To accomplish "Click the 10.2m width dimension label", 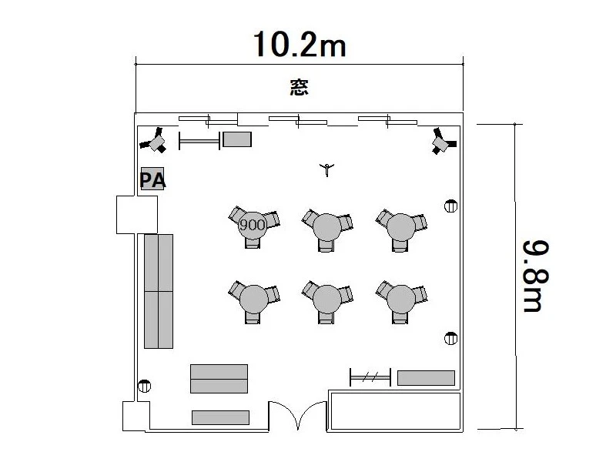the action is [300, 44].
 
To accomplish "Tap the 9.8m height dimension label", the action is [536, 276].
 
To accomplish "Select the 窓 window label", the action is [300, 87].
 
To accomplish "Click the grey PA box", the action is [152, 179].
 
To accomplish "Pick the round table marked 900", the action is [253, 225].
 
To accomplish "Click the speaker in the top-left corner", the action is [154, 141].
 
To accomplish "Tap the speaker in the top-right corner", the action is [444, 141].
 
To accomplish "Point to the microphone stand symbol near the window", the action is [326, 169].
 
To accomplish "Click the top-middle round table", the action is [326, 227].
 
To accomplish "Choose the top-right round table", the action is [400, 227].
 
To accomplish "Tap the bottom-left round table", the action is [254, 299].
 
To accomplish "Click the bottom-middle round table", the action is [326, 299].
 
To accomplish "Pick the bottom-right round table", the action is [400, 299].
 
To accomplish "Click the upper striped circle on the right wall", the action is [450, 206].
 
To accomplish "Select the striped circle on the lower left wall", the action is [145, 387].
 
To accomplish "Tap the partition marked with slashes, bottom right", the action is [370, 377].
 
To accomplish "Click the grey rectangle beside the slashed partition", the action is [427, 378].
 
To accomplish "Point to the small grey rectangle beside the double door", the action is [220, 417].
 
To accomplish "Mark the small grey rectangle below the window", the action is [237, 139].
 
